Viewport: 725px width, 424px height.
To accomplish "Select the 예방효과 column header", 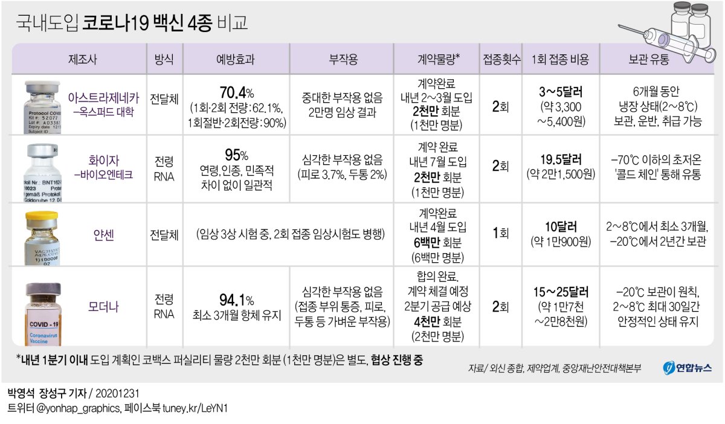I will [236, 59].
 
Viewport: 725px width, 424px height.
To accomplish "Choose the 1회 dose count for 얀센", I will [500, 234].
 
